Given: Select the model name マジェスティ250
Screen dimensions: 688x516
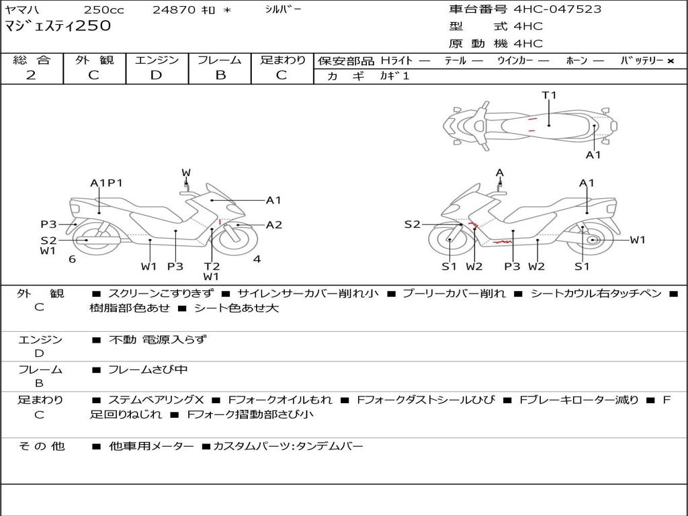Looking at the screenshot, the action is tap(58, 26).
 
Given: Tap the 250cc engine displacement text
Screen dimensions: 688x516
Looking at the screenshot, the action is tap(104, 9).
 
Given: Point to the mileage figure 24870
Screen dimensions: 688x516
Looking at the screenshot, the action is tap(174, 9).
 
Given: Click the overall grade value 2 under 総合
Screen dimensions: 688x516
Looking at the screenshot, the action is tap(31, 75).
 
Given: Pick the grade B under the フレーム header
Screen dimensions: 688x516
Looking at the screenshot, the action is tap(220, 75).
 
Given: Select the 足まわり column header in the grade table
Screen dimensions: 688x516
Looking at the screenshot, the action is tap(283, 60).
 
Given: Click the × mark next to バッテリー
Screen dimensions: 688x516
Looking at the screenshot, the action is tap(671, 61).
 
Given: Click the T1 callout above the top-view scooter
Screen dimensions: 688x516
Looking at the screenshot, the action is tap(550, 95).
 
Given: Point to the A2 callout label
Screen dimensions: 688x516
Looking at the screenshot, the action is tap(274, 225).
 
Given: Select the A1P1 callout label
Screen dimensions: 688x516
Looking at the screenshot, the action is tap(107, 183).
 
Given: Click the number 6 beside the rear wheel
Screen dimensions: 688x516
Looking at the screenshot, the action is tap(72, 259).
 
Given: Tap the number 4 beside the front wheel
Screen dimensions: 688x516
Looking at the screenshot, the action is tap(257, 259).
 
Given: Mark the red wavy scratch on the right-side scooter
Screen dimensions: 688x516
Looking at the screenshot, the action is tap(501, 241).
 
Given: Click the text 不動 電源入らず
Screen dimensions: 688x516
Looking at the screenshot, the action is tap(158, 339).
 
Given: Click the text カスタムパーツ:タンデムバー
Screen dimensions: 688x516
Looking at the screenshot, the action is tap(288, 446).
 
